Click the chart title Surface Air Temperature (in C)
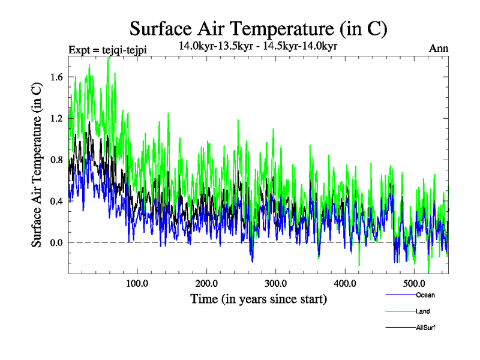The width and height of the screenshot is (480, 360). pos(258,29)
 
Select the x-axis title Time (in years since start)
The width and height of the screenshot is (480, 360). pos(258,298)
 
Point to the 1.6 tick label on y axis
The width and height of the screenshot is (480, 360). pos(58,77)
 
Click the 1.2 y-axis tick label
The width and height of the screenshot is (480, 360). pos(58,119)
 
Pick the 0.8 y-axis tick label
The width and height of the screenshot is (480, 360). pos(58,160)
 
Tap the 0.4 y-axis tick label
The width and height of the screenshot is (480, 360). pos(58,202)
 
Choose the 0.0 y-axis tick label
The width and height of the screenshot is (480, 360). pos(58,243)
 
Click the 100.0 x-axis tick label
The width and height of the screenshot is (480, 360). pos(137,283)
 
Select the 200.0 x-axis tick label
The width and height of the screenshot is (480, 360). pos(207,283)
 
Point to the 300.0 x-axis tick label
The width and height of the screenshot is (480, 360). pos(276,283)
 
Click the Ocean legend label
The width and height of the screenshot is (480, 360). pos(425,295)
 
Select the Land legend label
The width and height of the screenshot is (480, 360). pos(422,311)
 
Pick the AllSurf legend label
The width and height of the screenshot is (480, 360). pos(425,328)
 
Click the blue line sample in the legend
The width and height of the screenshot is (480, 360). pos(400,295)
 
